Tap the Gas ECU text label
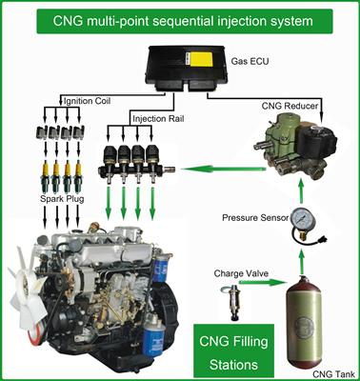point(250,61)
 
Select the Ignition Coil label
point(88,101)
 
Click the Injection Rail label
point(158,119)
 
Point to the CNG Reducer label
point(290,106)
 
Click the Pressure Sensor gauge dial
point(302,219)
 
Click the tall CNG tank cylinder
point(303,322)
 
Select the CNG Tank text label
point(333,374)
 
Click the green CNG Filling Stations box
point(233,352)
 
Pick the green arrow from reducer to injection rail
point(224,170)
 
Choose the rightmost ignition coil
point(78,132)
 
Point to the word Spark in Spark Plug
point(52,199)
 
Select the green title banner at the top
point(185,21)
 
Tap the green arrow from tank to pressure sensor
point(301,262)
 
